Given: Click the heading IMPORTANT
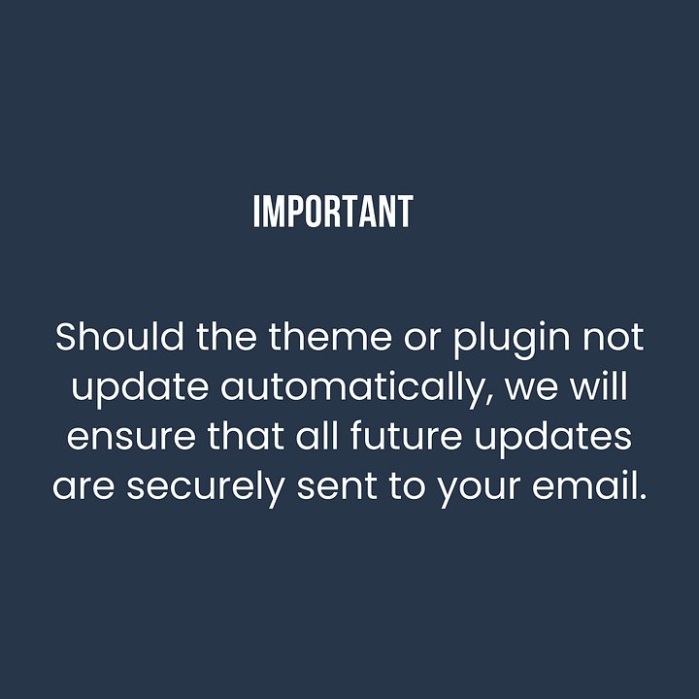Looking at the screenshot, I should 333,213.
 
